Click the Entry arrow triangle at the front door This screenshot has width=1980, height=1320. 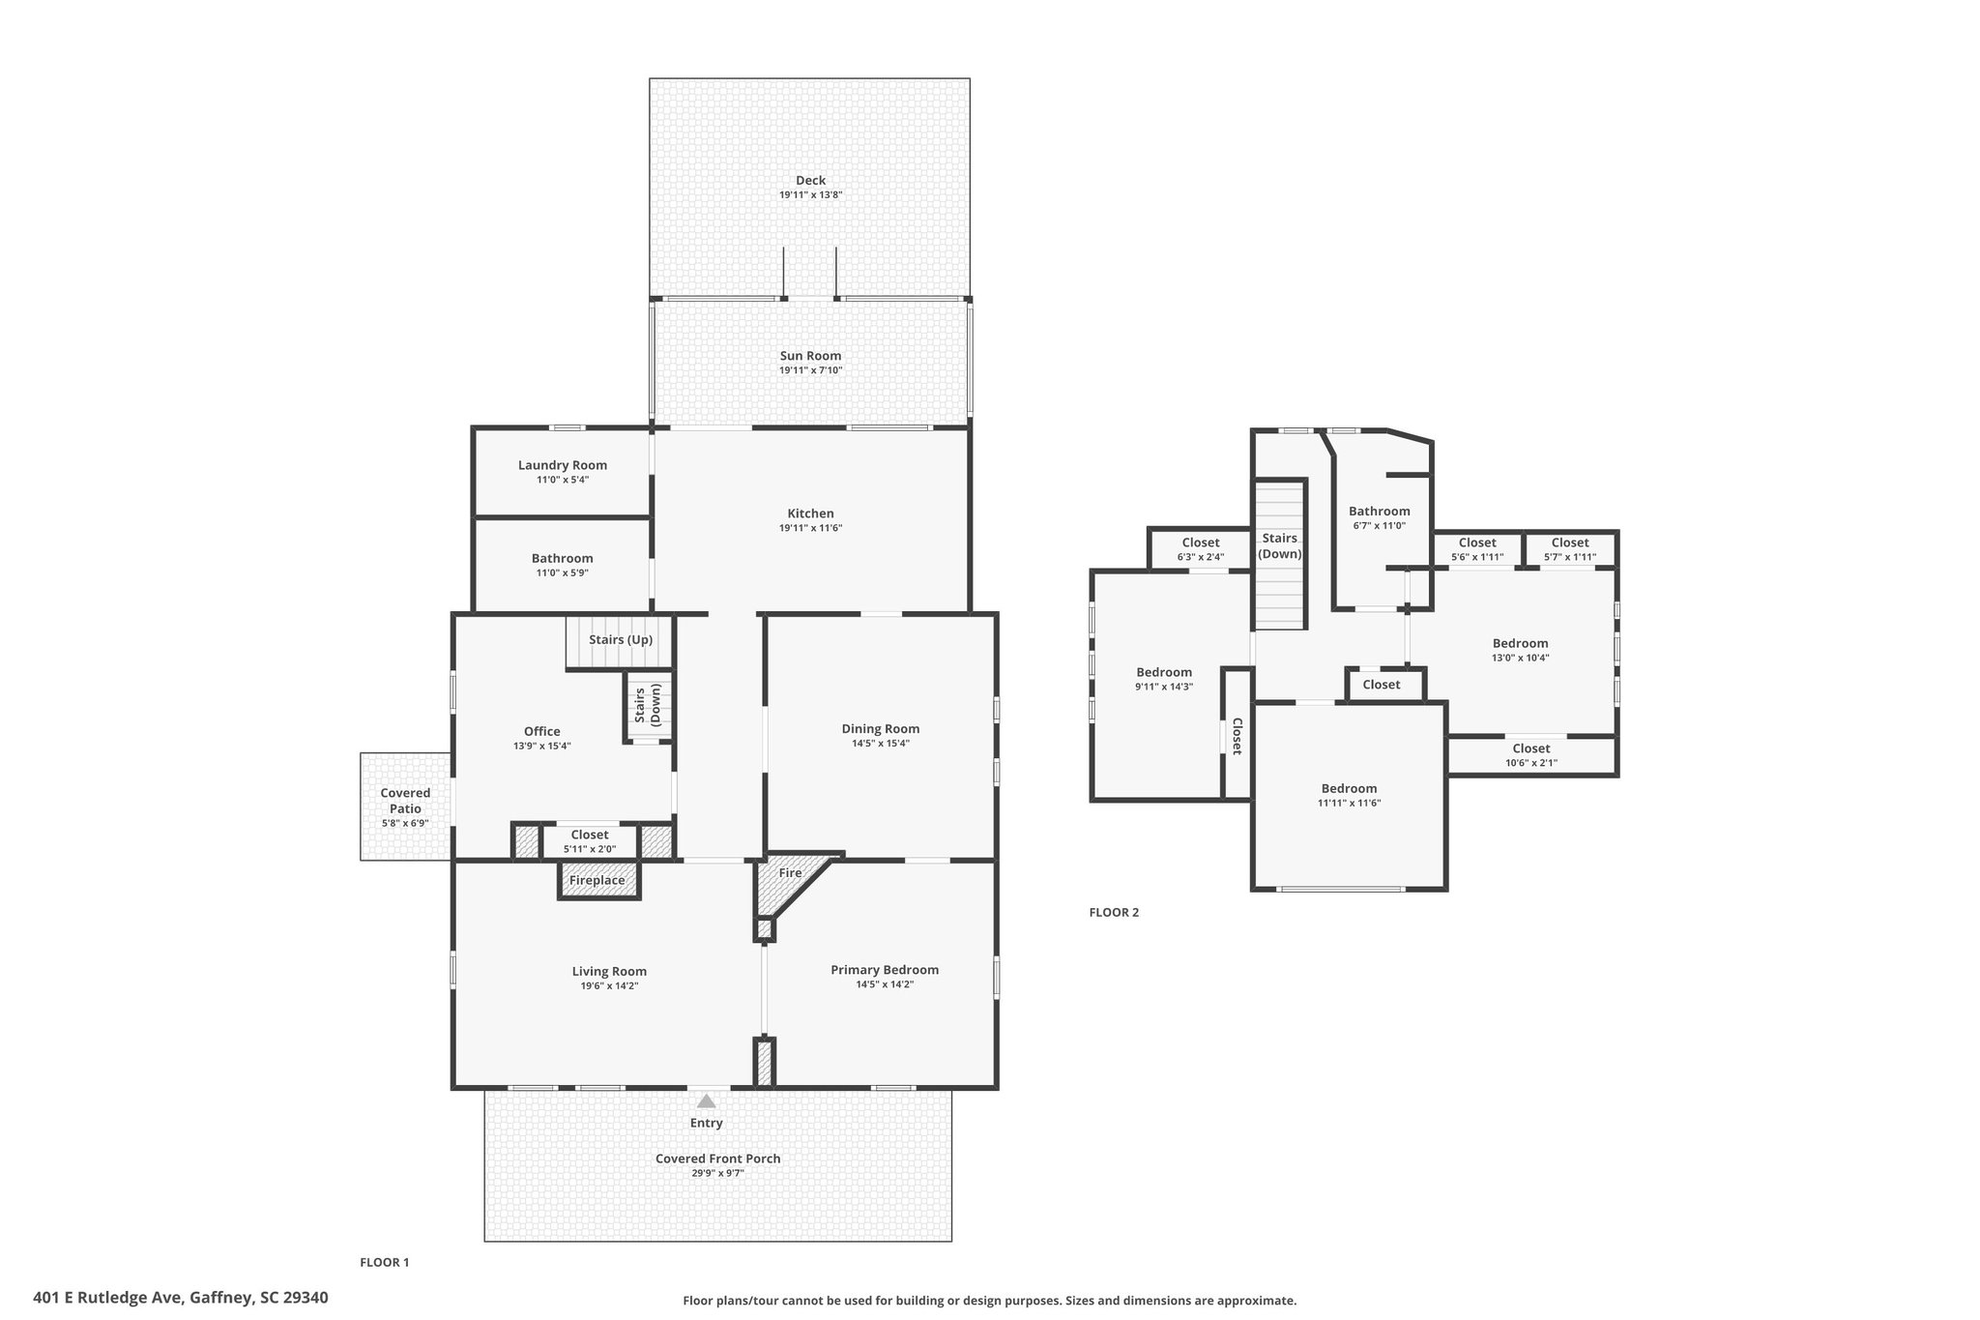click(x=707, y=1100)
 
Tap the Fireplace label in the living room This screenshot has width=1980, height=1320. click(x=597, y=880)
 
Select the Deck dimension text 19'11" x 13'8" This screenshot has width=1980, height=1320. click(x=811, y=194)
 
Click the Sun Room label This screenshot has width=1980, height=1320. click(x=810, y=356)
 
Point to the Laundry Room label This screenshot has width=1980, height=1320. click(x=563, y=465)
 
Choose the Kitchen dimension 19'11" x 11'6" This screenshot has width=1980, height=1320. click(x=810, y=528)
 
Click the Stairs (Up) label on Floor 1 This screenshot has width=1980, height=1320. click(x=621, y=640)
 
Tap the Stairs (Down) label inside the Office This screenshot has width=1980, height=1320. click(x=648, y=705)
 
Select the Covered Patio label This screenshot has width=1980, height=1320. click(x=405, y=801)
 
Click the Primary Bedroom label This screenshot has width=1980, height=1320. click(x=885, y=970)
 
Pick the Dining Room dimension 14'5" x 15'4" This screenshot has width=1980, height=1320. click(x=881, y=744)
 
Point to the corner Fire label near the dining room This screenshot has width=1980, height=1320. click(x=790, y=873)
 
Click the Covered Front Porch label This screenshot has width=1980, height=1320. click(x=717, y=1159)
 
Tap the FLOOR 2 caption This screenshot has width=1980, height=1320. click(x=1114, y=912)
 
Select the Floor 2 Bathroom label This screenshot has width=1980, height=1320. click(x=1380, y=512)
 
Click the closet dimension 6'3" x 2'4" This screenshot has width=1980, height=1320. click(x=1201, y=557)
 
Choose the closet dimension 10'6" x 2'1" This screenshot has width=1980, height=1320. click(x=1531, y=763)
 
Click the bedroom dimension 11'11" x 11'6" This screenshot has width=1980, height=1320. click(x=1350, y=803)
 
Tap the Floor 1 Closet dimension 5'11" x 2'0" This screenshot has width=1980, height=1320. click(x=590, y=849)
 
